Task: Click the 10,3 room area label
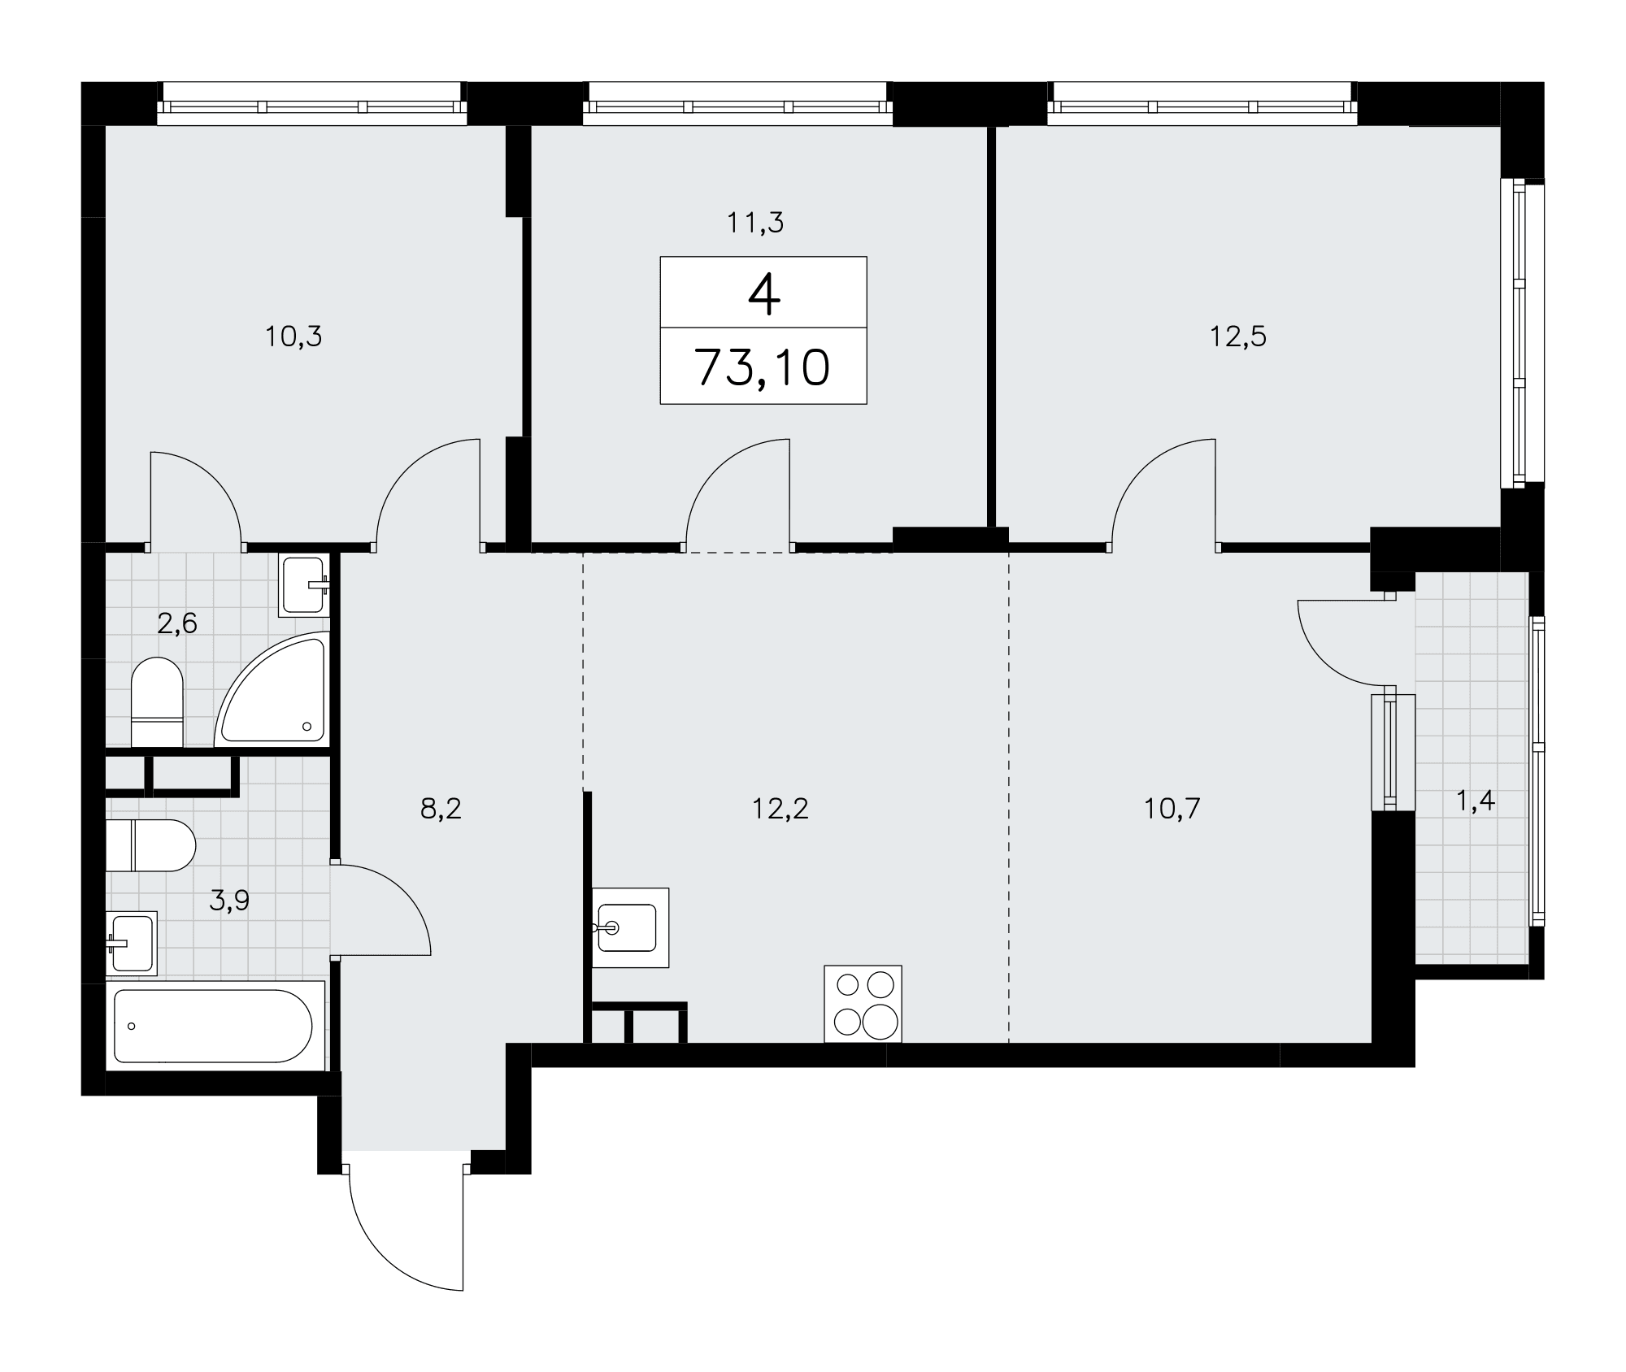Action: (293, 336)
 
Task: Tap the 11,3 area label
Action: (755, 222)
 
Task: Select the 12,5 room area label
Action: (1238, 336)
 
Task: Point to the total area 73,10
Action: (763, 367)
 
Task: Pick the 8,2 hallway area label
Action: (441, 809)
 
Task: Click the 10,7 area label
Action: (1172, 809)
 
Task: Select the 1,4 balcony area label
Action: (1475, 802)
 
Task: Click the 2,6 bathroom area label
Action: (177, 624)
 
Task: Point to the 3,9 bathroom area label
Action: (229, 901)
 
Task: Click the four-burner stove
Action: (863, 1004)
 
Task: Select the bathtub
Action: (215, 1027)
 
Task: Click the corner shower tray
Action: (272, 689)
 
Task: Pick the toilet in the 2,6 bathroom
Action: (157, 702)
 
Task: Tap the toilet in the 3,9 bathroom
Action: (151, 845)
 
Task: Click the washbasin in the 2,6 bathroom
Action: (304, 585)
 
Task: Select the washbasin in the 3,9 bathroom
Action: (131, 943)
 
